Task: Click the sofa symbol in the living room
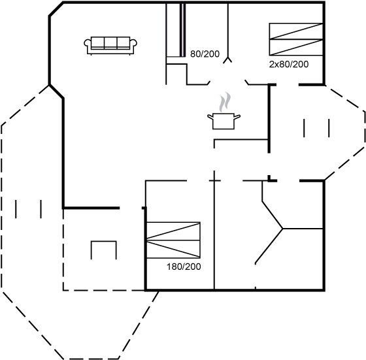(110, 46)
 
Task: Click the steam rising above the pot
(225, 102)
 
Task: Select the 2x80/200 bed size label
(289, 64)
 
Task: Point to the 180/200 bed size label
(184, 267)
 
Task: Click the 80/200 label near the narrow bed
(205, 54)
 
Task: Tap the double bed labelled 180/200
(173, 240)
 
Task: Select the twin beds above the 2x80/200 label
(296, 39)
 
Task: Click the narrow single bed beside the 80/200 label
(176, 30)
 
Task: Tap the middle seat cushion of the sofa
(110, 42)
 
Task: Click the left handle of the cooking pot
(210, 116)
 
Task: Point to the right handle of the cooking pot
(237, 116)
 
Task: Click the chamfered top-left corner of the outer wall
(56, 9)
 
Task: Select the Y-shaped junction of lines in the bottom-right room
(282, 229)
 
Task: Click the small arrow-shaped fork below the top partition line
(227, 59)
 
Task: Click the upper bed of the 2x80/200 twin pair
(296, 31)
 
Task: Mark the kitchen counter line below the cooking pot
(241, 140)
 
